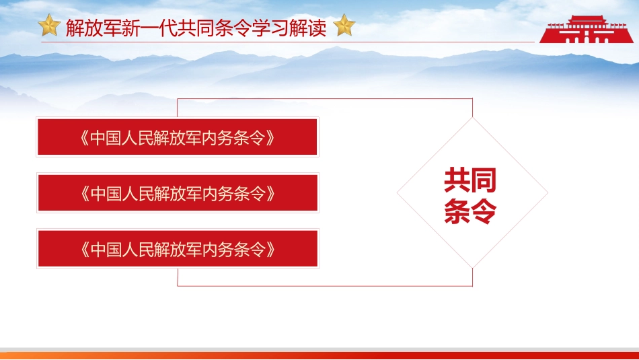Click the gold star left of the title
(49, 26)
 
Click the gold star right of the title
(344, 26)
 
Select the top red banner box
(178, 137)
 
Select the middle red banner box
(178, 193)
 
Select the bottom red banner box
(178, 248)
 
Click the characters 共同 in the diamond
(470, 180)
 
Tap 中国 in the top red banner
(107, 138)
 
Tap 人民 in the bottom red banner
(142, 249)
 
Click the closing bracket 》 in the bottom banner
(271, 249)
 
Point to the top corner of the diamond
(472, 118)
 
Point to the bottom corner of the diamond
(472, 268)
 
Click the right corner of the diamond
(547, 193)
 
